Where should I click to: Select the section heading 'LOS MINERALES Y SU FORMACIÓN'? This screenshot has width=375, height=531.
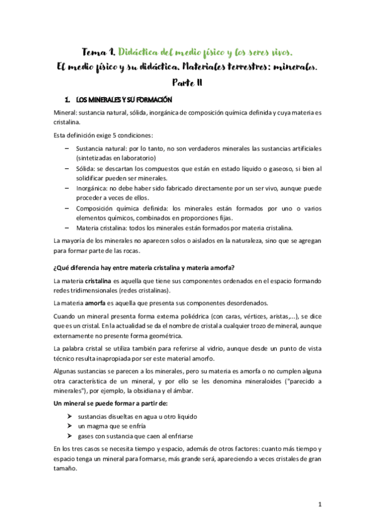coord(123,100)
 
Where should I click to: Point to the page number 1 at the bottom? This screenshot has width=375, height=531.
coord(319,504)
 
